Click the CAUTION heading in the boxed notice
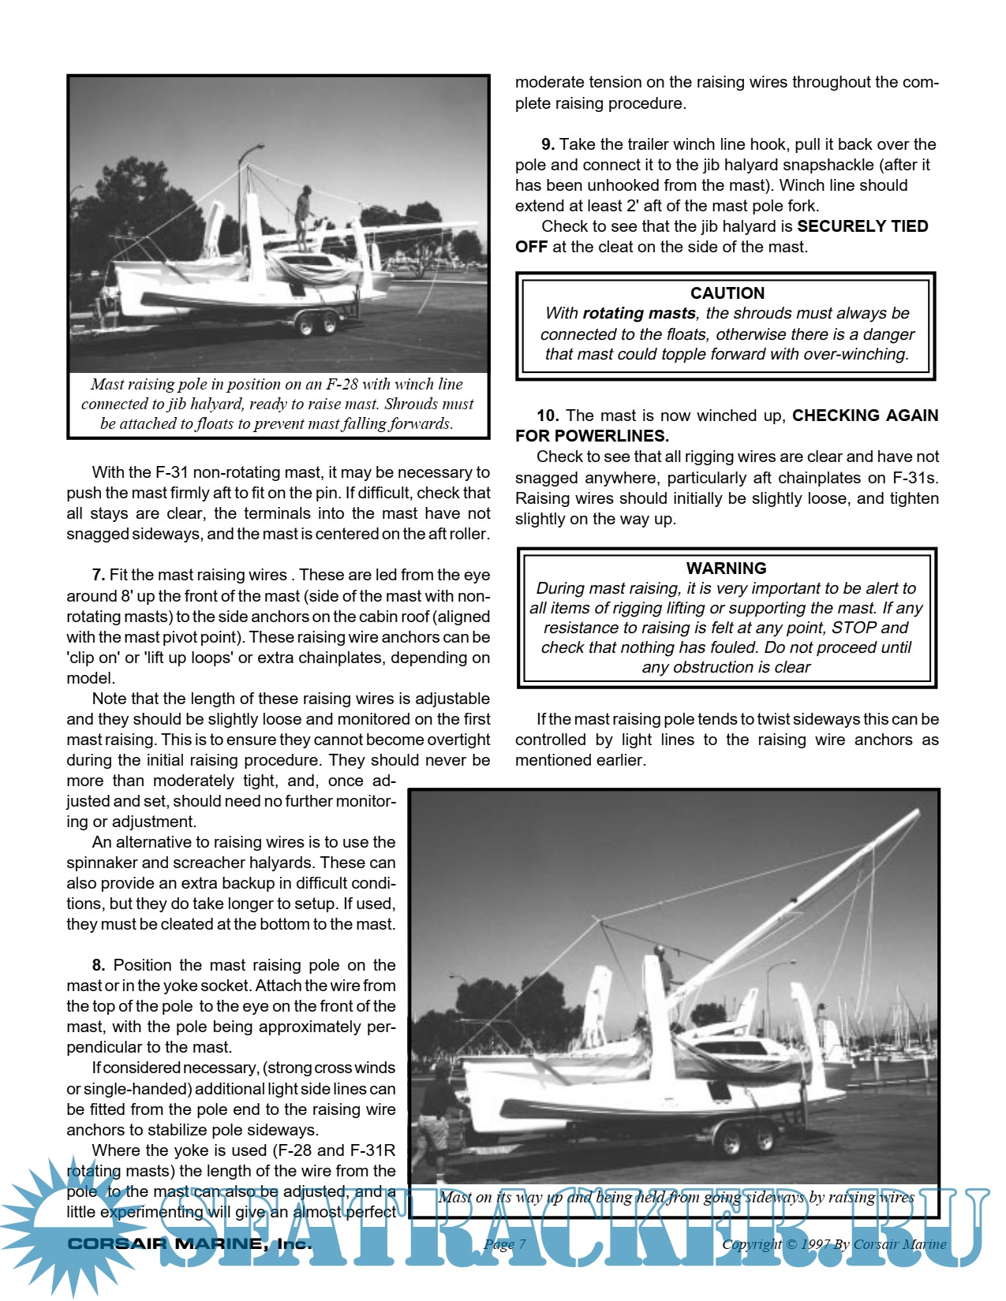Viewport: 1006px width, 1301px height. [x=727, y=293]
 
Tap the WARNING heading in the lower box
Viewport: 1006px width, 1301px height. [x=726, y=568]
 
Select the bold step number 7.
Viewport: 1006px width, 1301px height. [x=99, y=576]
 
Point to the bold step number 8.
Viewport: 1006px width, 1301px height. [x=99, y=966]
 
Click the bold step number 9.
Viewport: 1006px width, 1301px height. [x=548, y=144]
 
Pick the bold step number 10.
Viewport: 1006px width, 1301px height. [x=548, y=416]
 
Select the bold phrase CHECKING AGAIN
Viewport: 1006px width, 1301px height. [x=865, y=416]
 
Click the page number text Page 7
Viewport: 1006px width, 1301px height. [x=504, y=1244]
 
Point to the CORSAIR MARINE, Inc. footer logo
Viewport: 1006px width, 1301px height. [x=189, y=1244]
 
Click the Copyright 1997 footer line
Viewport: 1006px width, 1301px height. [x=834, y=1244]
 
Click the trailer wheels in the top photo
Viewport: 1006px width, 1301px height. [x=318, y=324]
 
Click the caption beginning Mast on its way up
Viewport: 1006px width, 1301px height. [x=676, y=1197]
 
